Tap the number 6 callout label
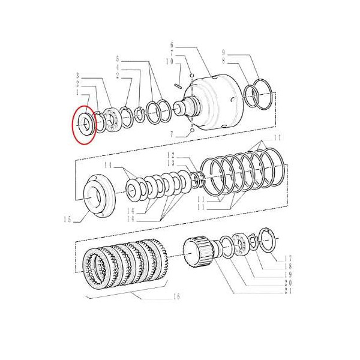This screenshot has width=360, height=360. coord(172,45)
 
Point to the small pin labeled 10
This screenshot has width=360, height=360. coord(178,86)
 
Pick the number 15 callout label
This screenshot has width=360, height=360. coord(68,220)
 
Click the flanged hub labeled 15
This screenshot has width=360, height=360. coord(100,196)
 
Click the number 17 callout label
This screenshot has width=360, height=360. coord(289,259)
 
